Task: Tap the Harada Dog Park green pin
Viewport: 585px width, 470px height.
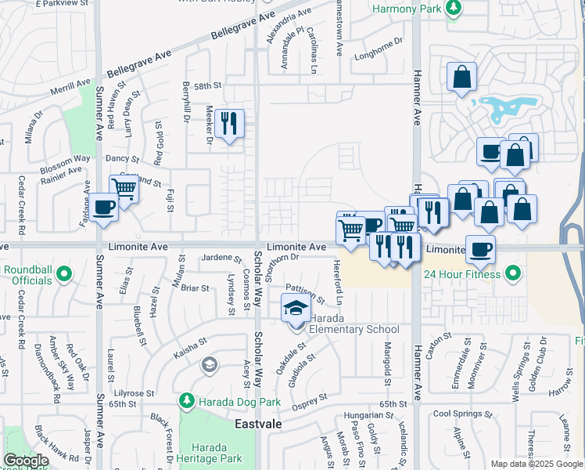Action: point(186,401)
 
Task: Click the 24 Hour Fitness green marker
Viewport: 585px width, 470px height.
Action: point(513,273)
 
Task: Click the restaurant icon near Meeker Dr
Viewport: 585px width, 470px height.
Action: point(229,123)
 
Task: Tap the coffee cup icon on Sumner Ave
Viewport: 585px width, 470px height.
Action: point(104,207)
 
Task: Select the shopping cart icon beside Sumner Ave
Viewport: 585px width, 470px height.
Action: point(124,188)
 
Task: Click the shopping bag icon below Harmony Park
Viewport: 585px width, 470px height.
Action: point(462,77)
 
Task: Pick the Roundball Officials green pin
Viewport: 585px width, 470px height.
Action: point(66,273)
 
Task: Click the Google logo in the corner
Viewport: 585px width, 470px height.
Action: point(26,461)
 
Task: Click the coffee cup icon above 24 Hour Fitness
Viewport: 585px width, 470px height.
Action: point(479,248)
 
